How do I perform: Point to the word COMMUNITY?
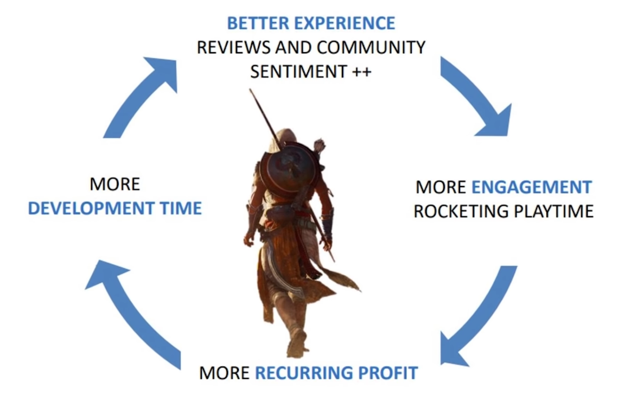tap(371, 47)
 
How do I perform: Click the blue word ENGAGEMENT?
tap(532, 187)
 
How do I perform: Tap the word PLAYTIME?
tap(554, 212)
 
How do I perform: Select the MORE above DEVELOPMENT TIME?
tap(114, 184)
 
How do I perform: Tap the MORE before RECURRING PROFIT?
tap(224, 373)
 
